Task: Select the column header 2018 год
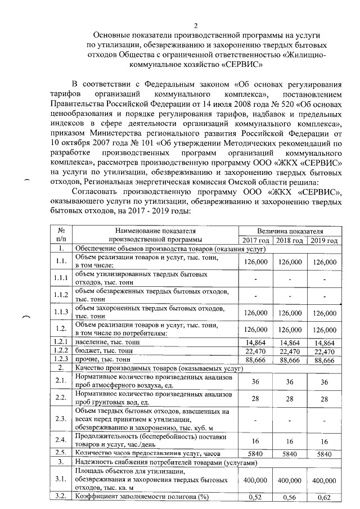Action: pos(290,241)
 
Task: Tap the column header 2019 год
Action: pos(325,241)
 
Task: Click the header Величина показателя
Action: pos(290,231)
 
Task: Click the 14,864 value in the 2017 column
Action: pos(255,342)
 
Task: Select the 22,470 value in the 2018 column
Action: pos(290,351)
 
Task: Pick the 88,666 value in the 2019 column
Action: pos(325,360)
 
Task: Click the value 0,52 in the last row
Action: pos(256,497)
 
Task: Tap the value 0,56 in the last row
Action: pos(290,497)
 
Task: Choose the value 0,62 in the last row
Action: pos(325,497)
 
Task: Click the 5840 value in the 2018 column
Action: pos(290,453)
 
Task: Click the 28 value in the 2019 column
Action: pos(325,399)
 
